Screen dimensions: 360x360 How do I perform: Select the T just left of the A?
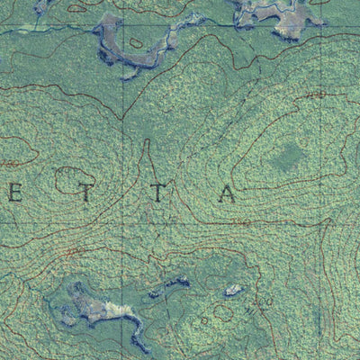point(158,193)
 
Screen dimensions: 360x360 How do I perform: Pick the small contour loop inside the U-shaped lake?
point(136,42)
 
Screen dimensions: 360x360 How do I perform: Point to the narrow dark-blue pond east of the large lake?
point(171,287)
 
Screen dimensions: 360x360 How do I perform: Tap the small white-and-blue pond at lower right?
point(234,290)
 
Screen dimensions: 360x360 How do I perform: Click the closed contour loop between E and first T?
point(72,179)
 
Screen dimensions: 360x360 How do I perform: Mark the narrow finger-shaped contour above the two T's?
point(147,162)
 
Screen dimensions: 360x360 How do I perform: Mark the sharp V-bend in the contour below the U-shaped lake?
point(123,116)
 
